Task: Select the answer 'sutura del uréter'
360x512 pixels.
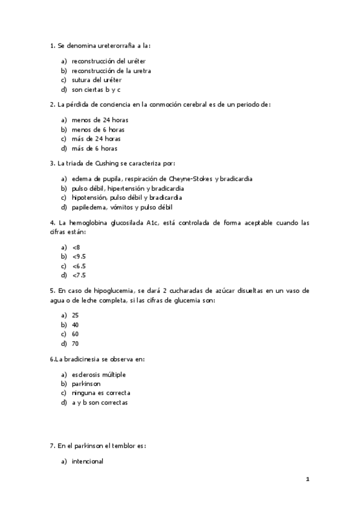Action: tap(96, 80)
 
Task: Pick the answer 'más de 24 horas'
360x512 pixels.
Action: tap(95, 139)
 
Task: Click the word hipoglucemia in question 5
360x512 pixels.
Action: tap(108, 290)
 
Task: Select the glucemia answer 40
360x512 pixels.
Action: tap(75, 325)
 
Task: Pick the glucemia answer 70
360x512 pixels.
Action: tap(75, 344)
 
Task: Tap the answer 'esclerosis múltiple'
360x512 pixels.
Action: tap(98, 375)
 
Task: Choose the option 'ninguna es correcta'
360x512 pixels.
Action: tap(100, 394)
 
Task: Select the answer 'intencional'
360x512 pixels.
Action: tap(87, 461)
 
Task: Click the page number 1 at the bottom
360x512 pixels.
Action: tap(307, 481)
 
